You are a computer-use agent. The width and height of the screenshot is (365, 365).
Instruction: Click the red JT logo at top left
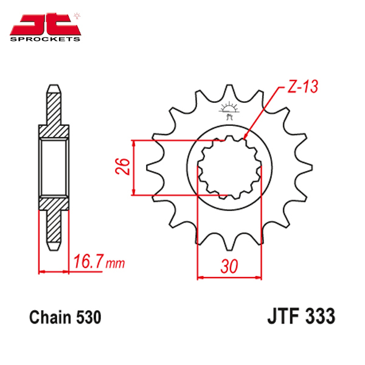click(45, 24)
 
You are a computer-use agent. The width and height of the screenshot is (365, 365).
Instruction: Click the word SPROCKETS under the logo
click(45, 39)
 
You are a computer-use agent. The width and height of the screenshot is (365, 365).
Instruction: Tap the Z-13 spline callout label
click(302, 86)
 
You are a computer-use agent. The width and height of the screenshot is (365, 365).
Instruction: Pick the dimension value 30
click(229, 266)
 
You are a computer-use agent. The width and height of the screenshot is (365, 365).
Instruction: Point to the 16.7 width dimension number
click(88, 261)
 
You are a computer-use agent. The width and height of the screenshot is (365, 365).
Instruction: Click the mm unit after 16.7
click(115, 263)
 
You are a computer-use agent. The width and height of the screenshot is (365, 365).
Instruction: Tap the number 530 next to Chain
click(89, 317)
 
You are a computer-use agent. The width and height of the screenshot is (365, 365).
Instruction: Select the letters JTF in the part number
click(283, 316)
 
